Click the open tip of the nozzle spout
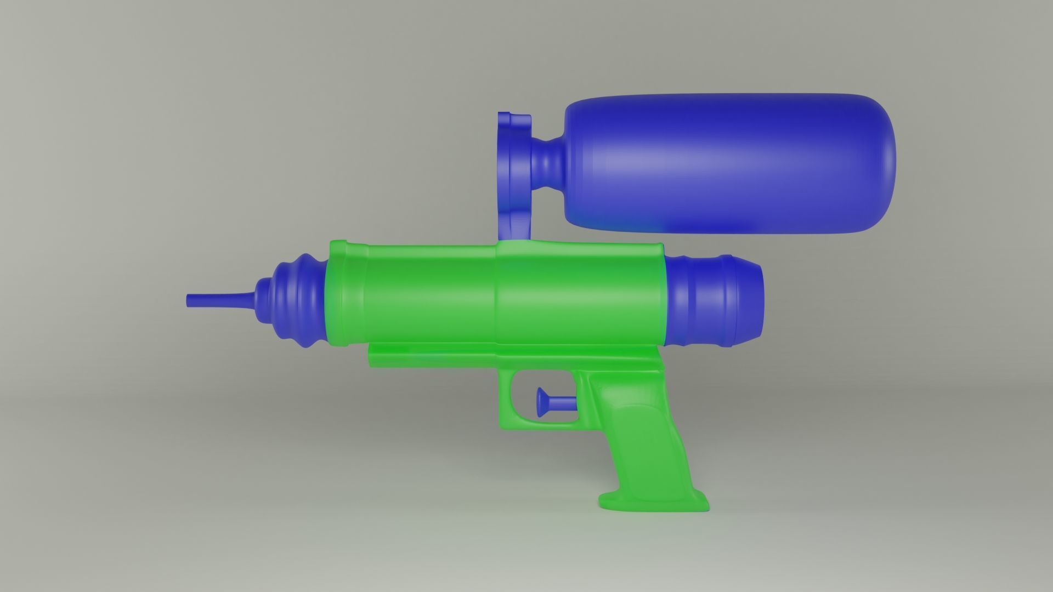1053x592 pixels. click(188, 300)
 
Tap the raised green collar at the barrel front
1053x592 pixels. click(335, 293)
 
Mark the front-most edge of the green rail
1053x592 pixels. click(370, 356)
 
